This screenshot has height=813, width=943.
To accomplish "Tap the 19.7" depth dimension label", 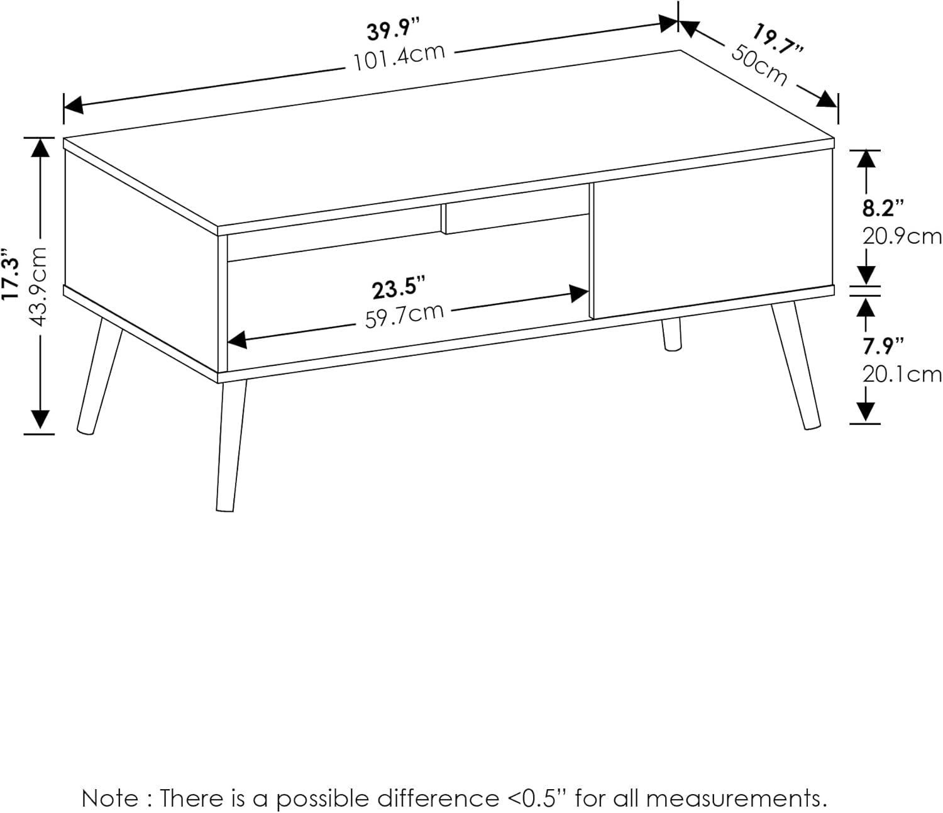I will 778,41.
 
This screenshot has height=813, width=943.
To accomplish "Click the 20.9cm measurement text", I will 902,236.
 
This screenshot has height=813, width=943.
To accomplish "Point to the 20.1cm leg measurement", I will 902,374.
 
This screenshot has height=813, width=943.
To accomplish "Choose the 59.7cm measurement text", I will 404,315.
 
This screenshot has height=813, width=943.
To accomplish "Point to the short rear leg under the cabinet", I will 671,334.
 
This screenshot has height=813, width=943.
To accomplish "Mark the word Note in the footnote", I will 110,799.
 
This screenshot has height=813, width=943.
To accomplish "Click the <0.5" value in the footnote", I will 535,799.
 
